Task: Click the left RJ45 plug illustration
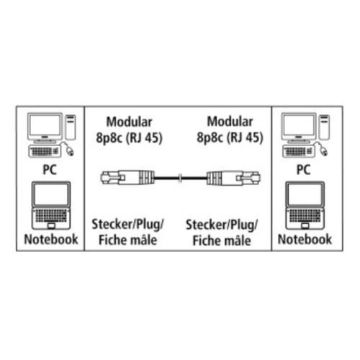click(127, 178)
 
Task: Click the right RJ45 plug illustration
click(233, 178)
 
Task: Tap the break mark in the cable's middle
click(181, 178)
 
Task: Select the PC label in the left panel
click(50, 170)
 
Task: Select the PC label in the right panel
click(304, 170)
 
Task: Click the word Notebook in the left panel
click(51, 239)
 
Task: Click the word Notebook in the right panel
click(305, 239)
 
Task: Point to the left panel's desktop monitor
click(45, 127)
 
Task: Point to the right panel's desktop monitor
click(299, 127)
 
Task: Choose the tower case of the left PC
click(71, 127)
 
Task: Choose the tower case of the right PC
click(325, 127)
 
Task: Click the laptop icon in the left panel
click(51, 205)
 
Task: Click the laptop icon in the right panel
click(305, 205)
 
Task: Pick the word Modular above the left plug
click(129, 122)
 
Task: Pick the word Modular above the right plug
click(230, 122)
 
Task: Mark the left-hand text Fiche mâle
click(128, 240)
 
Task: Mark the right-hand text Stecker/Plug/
click(222, 225)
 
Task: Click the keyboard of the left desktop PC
click(45, 151)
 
